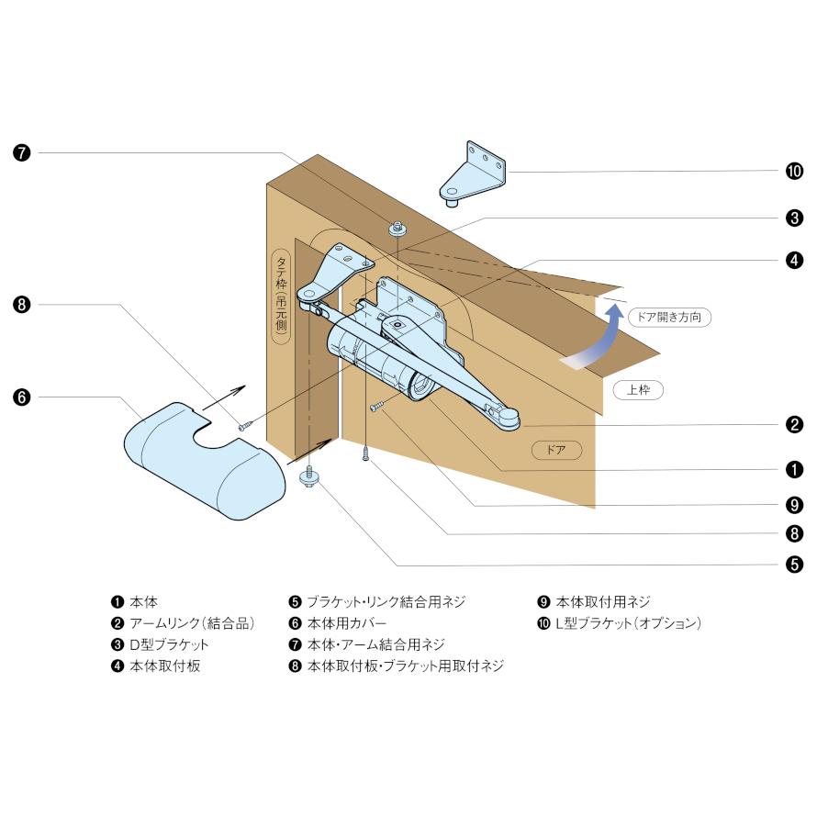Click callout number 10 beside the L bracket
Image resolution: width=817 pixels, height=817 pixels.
(794, 171)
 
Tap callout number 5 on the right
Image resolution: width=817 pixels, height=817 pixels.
(794, 565)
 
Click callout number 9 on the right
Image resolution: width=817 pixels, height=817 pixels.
(794, 504)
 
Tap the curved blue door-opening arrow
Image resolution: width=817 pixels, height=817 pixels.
(596, 342)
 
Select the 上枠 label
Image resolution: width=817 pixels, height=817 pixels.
(638, 389)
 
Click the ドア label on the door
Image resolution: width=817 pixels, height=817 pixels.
(556, 450)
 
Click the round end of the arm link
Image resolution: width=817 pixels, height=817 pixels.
(508, 418)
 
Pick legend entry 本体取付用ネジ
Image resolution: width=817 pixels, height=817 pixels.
(602, 602)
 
